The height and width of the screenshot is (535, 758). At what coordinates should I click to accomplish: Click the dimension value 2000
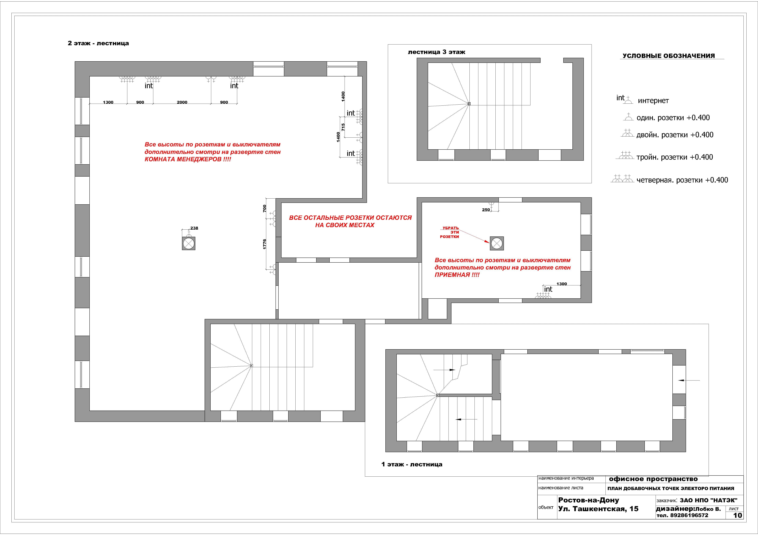(182, 102)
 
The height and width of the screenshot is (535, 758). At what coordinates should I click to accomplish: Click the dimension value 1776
(264, 244)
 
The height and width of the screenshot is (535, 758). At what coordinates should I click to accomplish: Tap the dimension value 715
(343, 127)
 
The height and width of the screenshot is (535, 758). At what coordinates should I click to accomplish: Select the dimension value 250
(486, 210)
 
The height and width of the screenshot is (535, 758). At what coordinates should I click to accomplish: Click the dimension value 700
(264, 208)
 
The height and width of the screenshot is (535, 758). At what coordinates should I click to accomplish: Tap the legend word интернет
(653, 101)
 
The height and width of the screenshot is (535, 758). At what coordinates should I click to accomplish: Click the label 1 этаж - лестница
(412, 464)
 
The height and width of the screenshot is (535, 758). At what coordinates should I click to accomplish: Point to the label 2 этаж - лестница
(98, 43)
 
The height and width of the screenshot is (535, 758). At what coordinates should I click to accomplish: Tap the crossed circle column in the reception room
(497, 243)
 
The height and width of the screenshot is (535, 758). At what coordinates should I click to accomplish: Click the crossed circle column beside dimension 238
(189, 243)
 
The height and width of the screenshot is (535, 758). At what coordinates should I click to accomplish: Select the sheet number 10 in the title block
(737, 515)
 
